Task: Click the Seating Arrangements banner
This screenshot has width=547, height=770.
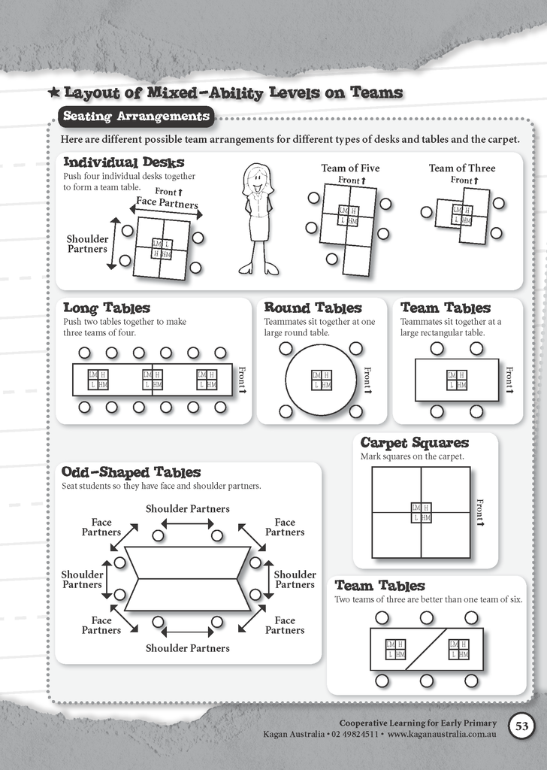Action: [136, 117]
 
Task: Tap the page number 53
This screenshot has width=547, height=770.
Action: [521, 726]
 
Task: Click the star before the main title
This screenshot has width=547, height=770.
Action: [54, 93]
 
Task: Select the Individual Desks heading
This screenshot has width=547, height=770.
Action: [123, 162]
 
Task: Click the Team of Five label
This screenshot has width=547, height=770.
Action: [350, 168]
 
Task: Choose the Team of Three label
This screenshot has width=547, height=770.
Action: [461, 168]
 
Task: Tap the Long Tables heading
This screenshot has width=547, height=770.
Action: [106, 308]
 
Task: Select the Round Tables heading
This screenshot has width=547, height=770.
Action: [313, 308]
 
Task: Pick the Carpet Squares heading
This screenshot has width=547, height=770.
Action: [414, 442]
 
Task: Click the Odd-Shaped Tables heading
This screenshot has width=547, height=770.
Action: [131, 472]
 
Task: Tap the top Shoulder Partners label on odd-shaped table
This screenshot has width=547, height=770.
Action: [187, 509]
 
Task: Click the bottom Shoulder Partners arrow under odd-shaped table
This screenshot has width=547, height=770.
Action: [187, 631]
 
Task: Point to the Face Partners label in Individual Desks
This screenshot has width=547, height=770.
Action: [167, 204]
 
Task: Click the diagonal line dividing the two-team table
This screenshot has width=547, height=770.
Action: [427, 648]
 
